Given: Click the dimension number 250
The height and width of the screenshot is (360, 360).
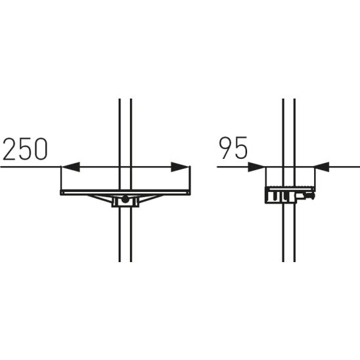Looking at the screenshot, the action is [x=25, y=148].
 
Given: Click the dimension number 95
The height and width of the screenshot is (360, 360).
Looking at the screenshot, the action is [x=233, y=148].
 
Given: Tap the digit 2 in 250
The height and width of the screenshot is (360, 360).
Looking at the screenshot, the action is [x=10, y=148].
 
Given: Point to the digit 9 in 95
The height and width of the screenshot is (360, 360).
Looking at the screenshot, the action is [x=226, y=148].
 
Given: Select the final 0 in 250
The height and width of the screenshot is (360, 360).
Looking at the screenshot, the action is [x=41, y=148].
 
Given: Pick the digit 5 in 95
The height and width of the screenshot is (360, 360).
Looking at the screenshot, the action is [x=241, y=148].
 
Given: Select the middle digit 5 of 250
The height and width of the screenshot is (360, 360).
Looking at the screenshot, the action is [x=26, y=148].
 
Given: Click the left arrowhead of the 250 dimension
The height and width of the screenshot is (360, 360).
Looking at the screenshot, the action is [x=71, y=167].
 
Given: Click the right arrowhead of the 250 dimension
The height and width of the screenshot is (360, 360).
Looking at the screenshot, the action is [x=180, y=167].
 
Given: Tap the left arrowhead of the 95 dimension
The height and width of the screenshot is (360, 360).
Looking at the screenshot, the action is [x=257, y=167].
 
